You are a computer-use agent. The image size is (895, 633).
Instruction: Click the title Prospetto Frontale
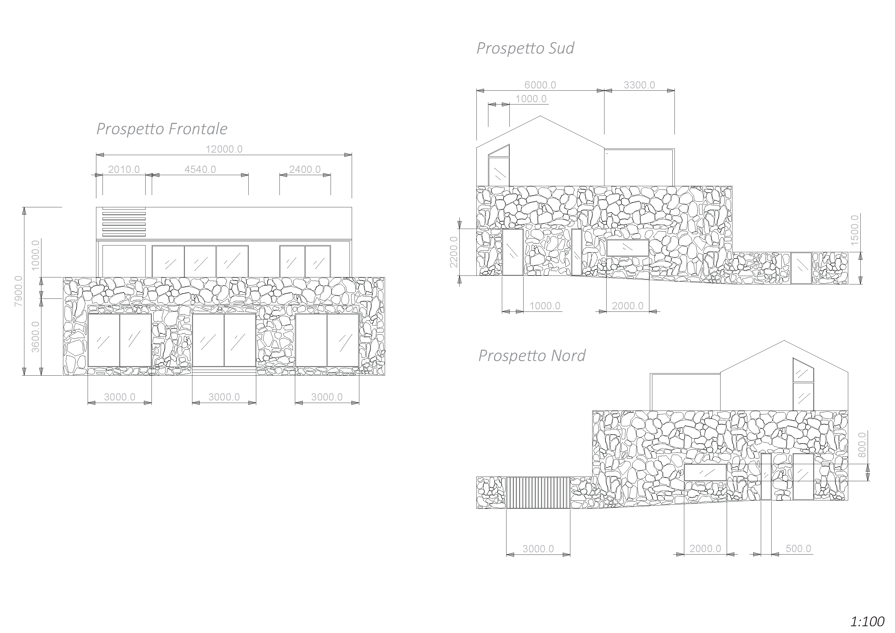(x=162, y=129)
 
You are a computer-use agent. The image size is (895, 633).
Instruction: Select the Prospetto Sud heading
(x=525, y=48)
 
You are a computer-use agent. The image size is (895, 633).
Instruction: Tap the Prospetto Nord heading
(x=532, y=356)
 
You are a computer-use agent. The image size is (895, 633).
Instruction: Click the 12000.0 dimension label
(x=224, y=149)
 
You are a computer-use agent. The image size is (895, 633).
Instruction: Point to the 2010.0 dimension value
(x=124, y=170)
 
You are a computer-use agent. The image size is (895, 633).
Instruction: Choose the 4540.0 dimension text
(x=200, y=170)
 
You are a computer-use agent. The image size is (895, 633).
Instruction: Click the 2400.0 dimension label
(x=305, y=170)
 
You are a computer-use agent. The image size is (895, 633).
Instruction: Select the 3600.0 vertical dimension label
(x=35, y=337)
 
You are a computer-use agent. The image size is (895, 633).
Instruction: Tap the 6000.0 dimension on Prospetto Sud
(x=540, y=85)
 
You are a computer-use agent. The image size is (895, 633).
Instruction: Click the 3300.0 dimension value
(x=639, y=85)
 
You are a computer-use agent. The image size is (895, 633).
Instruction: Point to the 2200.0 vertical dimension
(x=454, y=252)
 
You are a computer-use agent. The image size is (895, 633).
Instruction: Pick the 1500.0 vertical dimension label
(x=854, y=230)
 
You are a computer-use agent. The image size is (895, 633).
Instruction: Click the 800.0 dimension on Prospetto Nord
(x=862, y=445)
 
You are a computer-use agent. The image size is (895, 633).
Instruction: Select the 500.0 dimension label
(x=798, y=549)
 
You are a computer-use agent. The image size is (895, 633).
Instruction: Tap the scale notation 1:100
(x=867, y=621)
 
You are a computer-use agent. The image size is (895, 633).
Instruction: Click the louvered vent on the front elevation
(x=124, y=222)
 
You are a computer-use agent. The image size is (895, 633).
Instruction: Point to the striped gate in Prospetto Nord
(x=538, y=493)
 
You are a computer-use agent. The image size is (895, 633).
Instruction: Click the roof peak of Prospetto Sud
(x=540, y=117)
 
